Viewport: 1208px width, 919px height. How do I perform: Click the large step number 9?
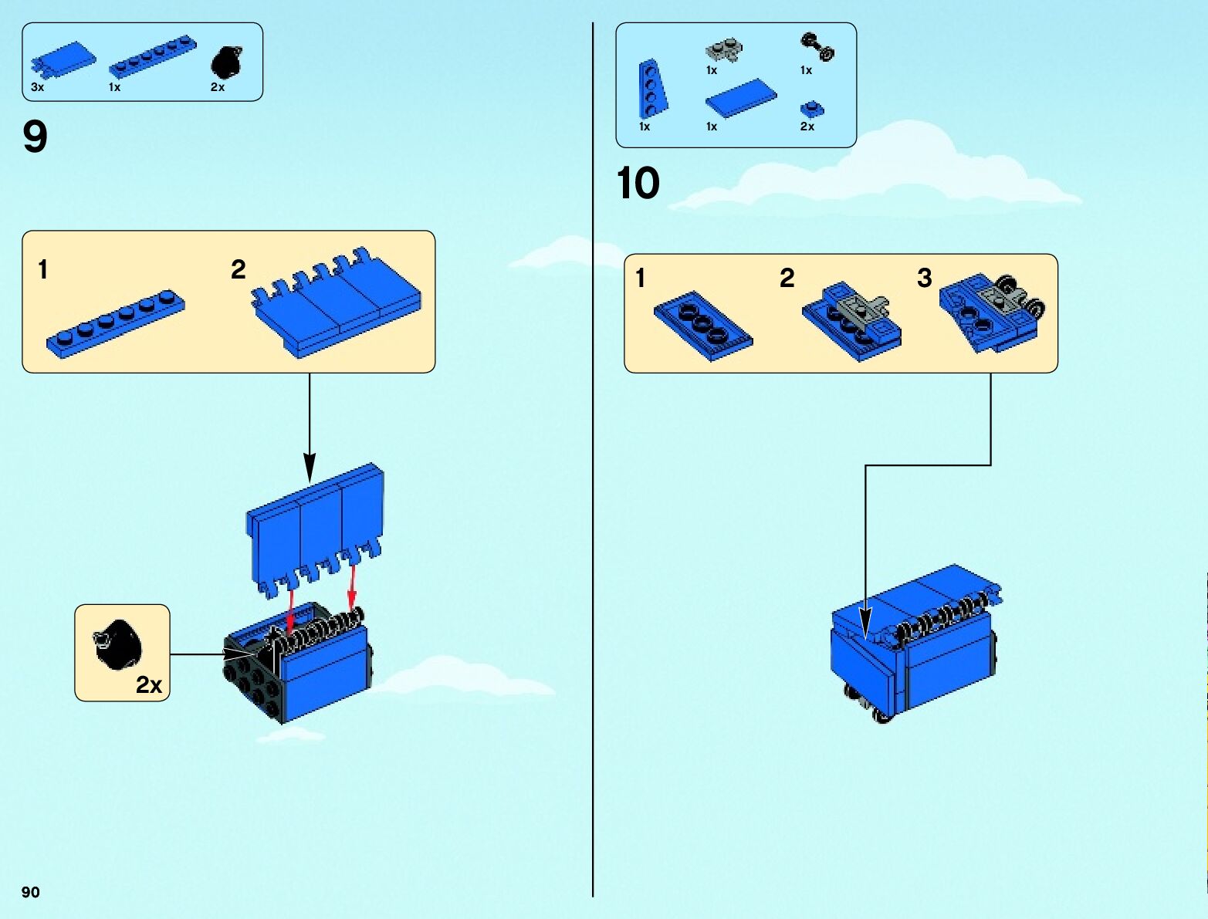point(36,137)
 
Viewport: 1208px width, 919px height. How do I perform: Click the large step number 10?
point(638,184)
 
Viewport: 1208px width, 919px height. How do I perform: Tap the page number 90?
point(30,892)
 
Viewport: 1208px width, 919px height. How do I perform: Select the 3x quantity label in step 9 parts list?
point(37,87)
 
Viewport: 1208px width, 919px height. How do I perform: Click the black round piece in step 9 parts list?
point(227,62)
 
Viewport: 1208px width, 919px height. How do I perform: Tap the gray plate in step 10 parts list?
point(723,52)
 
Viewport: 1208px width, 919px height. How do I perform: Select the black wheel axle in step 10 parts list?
point(817,46)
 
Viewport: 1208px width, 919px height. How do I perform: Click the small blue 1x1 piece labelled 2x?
point(812,109)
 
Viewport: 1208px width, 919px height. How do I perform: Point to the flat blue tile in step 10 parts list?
point(740,99)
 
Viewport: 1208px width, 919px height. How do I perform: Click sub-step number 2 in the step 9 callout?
point(238,269)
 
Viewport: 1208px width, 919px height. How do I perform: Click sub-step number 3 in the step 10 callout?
point(924,278)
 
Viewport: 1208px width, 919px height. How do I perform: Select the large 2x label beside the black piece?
point(149,684)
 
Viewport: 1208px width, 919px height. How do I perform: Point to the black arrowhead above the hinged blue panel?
point(310,468)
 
